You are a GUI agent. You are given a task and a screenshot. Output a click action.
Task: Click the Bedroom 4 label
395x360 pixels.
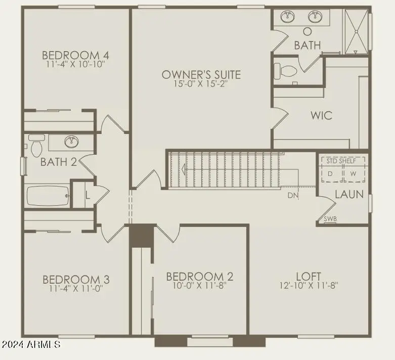coord(75,55)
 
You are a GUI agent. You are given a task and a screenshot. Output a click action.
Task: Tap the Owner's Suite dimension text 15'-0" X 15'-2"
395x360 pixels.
coord(201,83)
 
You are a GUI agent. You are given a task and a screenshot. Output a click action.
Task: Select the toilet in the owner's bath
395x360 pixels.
coord(285,71)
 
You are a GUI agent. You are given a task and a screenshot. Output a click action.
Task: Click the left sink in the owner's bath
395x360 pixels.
coord(287,16)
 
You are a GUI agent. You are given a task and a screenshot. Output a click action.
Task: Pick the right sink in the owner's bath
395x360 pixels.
coord(315,16)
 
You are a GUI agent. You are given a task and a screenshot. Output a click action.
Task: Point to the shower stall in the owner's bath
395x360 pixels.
coord(356,31)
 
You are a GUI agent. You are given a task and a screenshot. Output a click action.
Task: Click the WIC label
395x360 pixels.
coord(322,115)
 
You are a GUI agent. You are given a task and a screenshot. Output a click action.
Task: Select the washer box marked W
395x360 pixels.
coord(354,173)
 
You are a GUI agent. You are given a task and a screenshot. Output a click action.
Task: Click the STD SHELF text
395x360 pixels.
coord(341,161)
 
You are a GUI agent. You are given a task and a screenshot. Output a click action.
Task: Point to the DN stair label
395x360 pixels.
coord(293,195)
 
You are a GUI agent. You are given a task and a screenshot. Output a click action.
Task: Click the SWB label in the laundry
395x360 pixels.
coord(330,218)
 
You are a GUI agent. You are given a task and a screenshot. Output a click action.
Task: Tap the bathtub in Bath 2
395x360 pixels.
coord(48,196)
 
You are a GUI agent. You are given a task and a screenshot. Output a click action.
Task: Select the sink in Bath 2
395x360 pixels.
coord(71,142)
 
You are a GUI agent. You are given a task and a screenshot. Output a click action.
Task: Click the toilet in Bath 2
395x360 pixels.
coord(36,146)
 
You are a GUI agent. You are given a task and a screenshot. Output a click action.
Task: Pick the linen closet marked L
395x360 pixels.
coord(87,195)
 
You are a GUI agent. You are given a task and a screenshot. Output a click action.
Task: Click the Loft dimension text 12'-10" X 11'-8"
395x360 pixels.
coord(309,286)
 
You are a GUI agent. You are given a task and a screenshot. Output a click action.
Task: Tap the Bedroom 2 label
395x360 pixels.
coord(199,277)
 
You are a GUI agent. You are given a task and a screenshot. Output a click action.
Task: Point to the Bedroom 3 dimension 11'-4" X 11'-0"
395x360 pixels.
coord(76,288)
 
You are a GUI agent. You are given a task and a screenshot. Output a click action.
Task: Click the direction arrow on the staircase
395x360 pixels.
coord(184,169)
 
